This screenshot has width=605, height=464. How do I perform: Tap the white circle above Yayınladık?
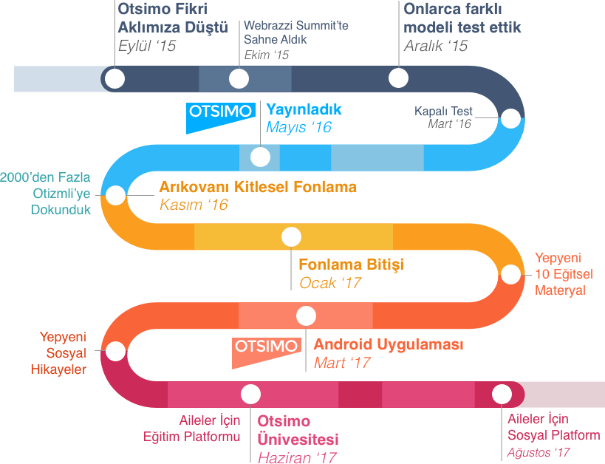(260, 157)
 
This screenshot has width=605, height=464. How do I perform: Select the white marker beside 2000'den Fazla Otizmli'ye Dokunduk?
(115, 195)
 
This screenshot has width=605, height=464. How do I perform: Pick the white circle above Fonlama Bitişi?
(291, 236)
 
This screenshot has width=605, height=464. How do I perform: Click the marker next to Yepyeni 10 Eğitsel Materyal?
(510, 274)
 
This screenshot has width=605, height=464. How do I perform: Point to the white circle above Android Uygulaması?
(306, 316)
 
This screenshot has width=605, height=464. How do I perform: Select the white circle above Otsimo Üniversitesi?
(250, 394)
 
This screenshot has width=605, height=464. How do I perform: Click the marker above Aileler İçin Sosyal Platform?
(502, 394)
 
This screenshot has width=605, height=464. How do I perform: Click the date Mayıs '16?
(298, 128)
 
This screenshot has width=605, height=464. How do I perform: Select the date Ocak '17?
(329, 283)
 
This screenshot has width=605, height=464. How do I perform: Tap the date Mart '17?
(341, 363)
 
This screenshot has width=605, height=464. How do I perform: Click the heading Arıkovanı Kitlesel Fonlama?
(258, 187)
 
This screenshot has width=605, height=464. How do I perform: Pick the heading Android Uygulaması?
(388, 345)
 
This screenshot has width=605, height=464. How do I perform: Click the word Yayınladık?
(304, 110)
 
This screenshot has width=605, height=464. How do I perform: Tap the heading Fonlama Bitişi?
(351, 265)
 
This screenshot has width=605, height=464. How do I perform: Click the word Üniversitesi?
(298, 439)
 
